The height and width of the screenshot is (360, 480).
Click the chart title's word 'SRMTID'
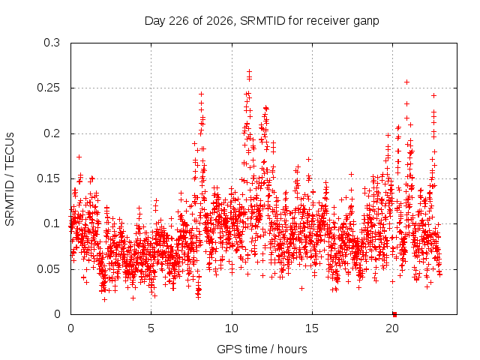(x=262, y=21)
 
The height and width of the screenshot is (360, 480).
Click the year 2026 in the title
(x=220, y=21)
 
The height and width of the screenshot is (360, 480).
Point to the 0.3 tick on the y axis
(x=52, y=43)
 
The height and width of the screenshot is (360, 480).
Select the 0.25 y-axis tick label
(x=48, y=88)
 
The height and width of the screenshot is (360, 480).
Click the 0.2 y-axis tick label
(x=52, y=133)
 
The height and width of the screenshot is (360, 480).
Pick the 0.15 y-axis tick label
(x=48, y=178)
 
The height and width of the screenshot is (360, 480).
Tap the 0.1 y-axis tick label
(x=52, y=223)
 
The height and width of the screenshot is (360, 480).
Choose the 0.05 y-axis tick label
(x=48, y=269)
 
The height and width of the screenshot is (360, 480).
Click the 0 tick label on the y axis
(x=57, y=314)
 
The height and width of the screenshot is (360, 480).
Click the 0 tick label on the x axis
(x=70, y=328)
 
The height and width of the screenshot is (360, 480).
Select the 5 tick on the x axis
(x=151, y=328)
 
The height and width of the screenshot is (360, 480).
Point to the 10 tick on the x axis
(x=232, y=328)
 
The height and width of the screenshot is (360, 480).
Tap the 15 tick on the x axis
(x=312, y=328)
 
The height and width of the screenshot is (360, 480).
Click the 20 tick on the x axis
(x=392, y=328)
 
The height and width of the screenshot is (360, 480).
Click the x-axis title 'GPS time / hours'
(x=262, y=349)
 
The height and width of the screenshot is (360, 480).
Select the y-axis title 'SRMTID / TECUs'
(x=10, y=179)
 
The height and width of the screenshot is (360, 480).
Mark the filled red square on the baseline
(x=395, y=314)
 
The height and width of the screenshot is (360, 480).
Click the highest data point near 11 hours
(x=250, y=71)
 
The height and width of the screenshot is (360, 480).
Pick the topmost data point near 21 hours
(x=406, y=82)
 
